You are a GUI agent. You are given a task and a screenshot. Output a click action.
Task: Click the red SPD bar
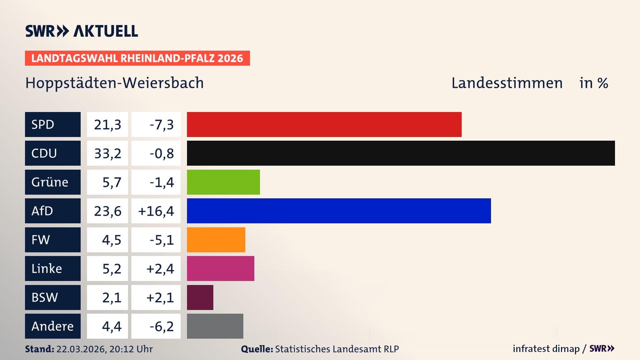coord(324,124)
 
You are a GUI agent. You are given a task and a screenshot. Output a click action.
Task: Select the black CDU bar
coord(401,153)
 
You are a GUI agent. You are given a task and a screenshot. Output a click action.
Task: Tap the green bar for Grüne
coord(223,182)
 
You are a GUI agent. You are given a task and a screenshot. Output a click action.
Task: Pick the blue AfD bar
coord(339,211)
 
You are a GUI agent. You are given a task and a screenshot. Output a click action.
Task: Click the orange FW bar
coord(216,240)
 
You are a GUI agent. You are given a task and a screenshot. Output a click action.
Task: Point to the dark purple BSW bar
coord(200,297)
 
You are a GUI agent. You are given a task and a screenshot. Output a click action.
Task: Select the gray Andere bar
coord(215,326)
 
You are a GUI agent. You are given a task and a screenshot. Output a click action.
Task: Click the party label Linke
coord(47,268)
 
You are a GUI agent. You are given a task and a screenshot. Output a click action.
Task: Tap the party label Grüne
coord(50,182)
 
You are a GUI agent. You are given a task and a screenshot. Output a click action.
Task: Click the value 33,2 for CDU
coord(108,153)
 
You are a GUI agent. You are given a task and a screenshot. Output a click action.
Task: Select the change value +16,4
coord(156,211)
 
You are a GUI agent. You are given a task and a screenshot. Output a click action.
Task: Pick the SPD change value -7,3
coord(162,125)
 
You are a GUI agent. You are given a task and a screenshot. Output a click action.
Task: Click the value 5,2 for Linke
coord(112,269)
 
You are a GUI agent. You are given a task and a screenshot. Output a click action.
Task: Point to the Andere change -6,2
coord(162,326)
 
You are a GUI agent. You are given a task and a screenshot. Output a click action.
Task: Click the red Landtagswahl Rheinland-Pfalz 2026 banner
coord(137,58)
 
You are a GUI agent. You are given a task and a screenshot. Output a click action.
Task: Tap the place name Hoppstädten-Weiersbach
coord(114,83)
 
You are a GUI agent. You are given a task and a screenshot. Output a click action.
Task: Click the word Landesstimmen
coord(507,83)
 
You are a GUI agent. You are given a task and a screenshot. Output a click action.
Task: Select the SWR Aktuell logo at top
coord(82,31)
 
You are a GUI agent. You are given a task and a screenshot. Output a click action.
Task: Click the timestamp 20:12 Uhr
coord(131,349)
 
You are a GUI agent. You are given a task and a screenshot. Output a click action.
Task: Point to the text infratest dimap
coord(546,349)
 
